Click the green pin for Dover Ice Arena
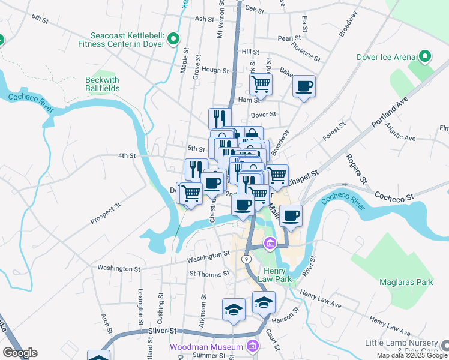pyautogui.click(x=425, y=57)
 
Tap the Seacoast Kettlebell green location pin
pyautogui.click(x=173, y=39)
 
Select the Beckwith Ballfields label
pyautogui.click(x=102, y=84)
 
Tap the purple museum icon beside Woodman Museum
pyautogui.click(x=253, y=347)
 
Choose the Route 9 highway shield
pyautogui.click(x=246, y=259)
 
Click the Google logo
pyautogui.click(x=20, y=352)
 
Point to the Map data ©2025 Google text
pyautogui.click(x=412, y=355)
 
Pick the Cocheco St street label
pyautogui.click(x=394, y=196)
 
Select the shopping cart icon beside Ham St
pyautogui.click(x=261, y=85)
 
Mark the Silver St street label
pyautogui.click(x=163, y=331)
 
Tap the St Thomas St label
pyautogui.click(x=209, y=274)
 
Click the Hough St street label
pyautogui.click(x=215, y=70)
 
